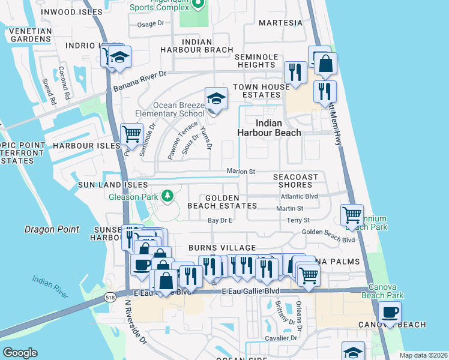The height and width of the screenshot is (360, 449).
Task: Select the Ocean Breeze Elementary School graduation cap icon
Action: (x=215, y=98)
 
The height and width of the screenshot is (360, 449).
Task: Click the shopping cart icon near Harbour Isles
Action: (x=131, y=134)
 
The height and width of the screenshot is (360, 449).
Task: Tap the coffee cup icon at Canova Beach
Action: (x=390, y=313)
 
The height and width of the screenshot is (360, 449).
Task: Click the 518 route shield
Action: (x=109, y=296)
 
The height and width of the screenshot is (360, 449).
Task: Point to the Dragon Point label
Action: (x=52, y=229)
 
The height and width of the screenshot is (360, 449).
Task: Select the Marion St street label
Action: (x=241, y=172)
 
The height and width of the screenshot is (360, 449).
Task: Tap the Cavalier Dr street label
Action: (x=282, y=338)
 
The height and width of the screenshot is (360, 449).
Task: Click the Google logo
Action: (x=20, y=353)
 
